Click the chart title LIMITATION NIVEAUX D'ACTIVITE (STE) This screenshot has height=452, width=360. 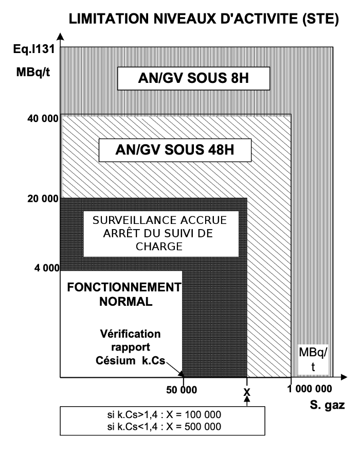(204, 20)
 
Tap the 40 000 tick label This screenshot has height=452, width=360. (43, 118)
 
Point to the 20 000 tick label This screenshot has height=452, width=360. (43, 199)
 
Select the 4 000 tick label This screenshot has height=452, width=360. (47, 268)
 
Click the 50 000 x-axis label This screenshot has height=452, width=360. (182, 390)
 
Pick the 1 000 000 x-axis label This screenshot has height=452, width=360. (310, 389)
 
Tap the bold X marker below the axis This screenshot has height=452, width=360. (247, 392)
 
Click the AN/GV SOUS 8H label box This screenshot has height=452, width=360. (194, 78)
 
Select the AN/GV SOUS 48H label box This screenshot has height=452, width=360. (175, 150)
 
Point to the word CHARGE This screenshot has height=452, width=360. (159, 247)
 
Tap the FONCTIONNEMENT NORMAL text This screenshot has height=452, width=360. (124, 294)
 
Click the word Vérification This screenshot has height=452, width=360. (130, 334)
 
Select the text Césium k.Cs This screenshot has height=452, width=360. (131, 360)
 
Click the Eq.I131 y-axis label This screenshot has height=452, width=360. (34, 49)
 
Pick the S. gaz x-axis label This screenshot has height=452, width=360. (328, 405)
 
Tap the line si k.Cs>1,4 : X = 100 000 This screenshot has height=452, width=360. (164, 414)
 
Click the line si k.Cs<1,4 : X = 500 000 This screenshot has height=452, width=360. (164, 426)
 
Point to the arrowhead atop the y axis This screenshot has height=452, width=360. (60, 37)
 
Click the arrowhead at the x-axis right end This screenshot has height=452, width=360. (344, 377)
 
